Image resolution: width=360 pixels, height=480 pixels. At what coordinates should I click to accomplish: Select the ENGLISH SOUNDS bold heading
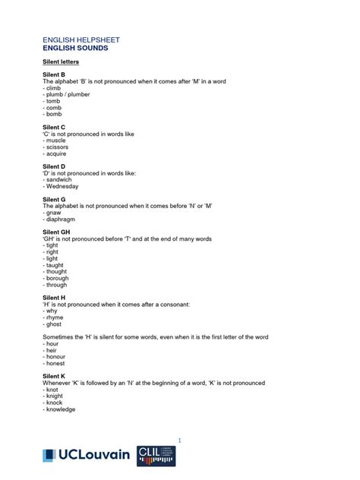coord(75,48)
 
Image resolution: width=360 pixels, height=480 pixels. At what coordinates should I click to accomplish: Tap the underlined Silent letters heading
coord(61,61)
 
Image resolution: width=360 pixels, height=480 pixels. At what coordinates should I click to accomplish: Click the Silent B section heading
coord(54,74)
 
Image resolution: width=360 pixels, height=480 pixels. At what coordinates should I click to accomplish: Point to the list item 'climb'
coord(53,88)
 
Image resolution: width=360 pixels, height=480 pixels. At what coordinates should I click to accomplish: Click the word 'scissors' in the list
coord(57,147)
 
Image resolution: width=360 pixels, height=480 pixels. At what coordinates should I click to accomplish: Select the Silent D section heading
coord(54,166)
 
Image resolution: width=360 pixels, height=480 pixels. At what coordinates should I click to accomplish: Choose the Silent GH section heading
coord(56,232)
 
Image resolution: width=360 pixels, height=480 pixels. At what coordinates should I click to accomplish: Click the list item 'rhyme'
coord(55,317)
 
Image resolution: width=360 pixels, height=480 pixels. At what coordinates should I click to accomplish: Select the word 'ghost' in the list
coord(54,324)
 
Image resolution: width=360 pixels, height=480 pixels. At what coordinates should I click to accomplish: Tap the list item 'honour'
coord(55,357)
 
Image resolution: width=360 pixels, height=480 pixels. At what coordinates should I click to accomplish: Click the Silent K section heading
coord(54,377)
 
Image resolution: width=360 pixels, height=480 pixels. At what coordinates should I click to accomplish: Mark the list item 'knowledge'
coord(61,409)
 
